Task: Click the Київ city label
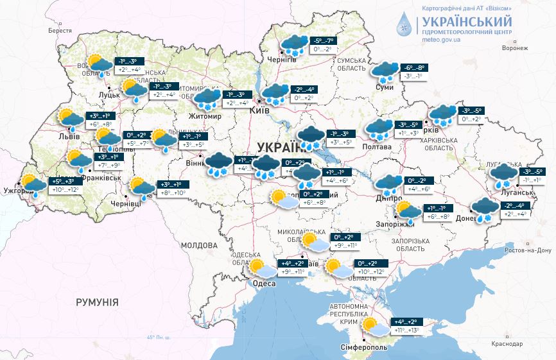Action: coord(260,110)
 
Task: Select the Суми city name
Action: coord(384,87)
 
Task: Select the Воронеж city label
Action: coord(515,48)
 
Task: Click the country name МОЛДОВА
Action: coord(198,245)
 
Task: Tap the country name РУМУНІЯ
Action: coord(97,301)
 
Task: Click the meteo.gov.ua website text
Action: coord(441,39)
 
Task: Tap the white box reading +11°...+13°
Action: coord(406,330)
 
